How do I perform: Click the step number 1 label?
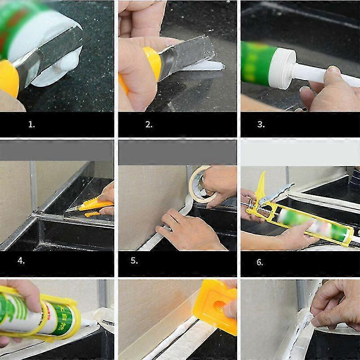click(x=31, y=125)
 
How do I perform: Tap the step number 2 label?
click(x=149, y=125)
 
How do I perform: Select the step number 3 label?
click(x=261, y=125)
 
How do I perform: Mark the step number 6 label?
click(x=260, y=262)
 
